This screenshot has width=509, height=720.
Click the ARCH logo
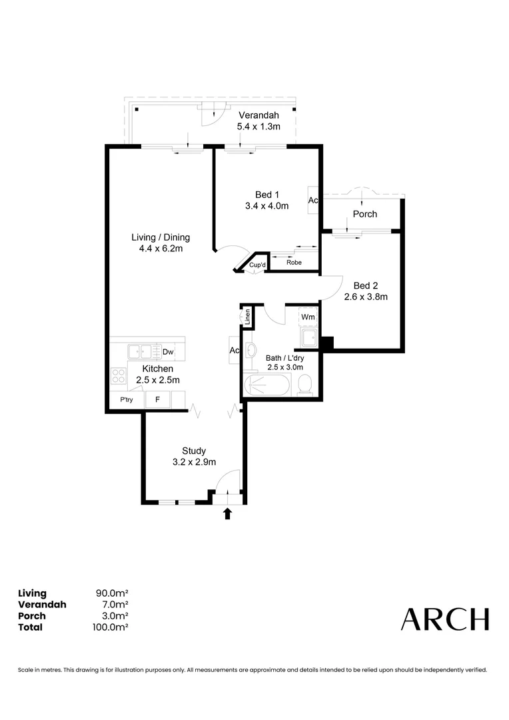coord(444,619)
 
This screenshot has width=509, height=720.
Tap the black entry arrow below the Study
coord(227,513)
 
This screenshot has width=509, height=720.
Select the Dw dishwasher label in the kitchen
coord(168,352)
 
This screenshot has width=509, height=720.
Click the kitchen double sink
coord(141,351)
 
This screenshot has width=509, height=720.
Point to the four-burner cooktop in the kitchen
coord(119,376)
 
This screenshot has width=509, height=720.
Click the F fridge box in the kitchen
coord(158,400)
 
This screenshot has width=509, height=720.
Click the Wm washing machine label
coord(308,317)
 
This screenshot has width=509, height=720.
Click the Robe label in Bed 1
coord(294,263)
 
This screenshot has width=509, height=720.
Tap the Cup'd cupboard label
coord(258,265)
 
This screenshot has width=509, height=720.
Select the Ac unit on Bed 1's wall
coord(313,200)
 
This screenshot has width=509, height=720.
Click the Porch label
coord(364,214)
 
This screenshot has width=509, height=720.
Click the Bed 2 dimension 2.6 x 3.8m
coord(366,297)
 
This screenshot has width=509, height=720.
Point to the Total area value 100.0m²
coord(111,627)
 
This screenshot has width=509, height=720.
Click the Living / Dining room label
coord(161,237)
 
